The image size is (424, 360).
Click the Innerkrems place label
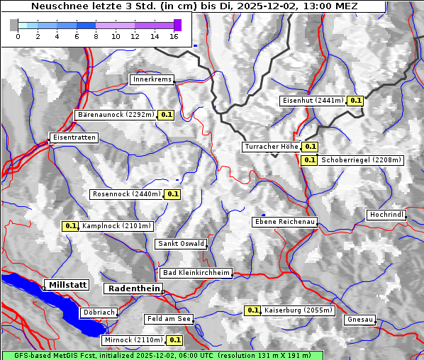pos(152,79)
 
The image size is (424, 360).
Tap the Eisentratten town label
pos(73,137)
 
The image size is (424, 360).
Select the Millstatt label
pos(67,285)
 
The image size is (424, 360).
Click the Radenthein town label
pos(133,288)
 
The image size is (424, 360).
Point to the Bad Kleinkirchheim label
pos(196,273)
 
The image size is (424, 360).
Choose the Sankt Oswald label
pos(181,244)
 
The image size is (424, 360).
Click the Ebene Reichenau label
pos(285,222)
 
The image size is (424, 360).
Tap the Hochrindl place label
pos(386,215)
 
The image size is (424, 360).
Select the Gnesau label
pos(360,320)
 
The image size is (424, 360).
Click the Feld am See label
pos(169,319)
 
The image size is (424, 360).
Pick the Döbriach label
pos(99,312)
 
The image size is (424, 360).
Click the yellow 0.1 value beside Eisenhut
pos(356,101)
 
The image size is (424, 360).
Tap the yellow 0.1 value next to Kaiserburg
pos(252,310)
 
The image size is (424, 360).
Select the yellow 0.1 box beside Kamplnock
pos(70,226)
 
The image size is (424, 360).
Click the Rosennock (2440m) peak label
pos(128,194)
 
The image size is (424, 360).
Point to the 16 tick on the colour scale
pos(174,36)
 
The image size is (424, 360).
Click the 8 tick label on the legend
pos(96,36)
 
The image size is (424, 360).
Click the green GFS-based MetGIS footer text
pos(162,355)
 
